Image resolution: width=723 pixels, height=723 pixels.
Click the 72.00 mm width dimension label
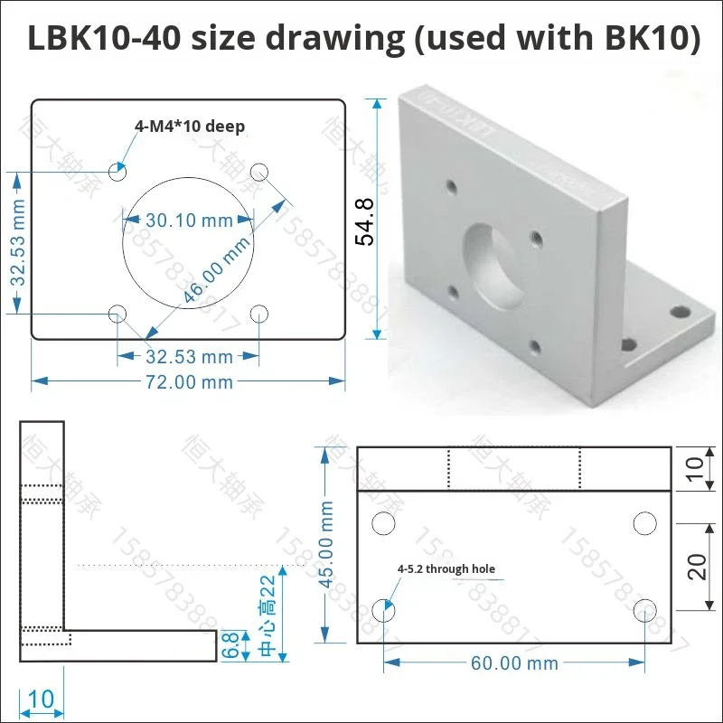click(x=189, y=382)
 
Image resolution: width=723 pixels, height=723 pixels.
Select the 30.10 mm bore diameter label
click(x=189, y=220)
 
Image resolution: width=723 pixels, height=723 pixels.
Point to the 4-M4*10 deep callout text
click(x=190, y=127)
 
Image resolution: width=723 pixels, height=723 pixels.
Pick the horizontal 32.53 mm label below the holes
click(x=189, y=356)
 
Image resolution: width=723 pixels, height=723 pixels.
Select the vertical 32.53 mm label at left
click(x=17, y=242)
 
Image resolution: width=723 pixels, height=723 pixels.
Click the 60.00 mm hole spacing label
click(x=514, y=663)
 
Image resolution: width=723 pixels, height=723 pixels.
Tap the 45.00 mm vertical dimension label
click(x=327, y=543)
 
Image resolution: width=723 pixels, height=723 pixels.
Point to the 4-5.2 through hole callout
click(x=446, y=569)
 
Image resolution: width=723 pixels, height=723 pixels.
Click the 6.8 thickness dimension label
click(x=232, y=643)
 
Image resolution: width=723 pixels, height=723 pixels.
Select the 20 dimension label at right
click(x=696, y=567)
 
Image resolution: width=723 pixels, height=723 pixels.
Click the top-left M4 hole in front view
click(x=117, y=171)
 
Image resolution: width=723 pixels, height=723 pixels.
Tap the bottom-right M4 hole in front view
click(x=260, y=314)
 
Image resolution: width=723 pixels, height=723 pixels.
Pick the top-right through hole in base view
click(x=644, y=523)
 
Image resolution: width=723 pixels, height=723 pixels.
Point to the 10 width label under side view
click(x=42, y=700)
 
